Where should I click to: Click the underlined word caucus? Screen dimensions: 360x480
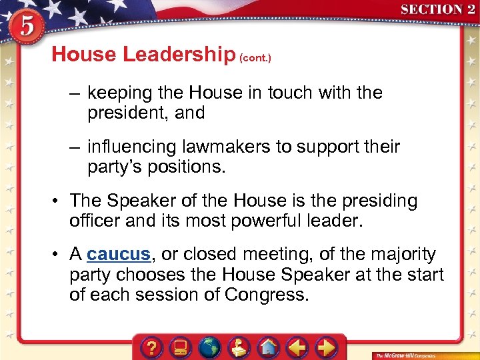(119, 255)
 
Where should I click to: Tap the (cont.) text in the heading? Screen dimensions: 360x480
(255, 58)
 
